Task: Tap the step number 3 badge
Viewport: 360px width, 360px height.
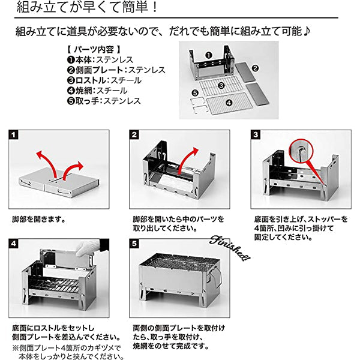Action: pos(256,134)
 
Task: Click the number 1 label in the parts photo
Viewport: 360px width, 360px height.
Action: pos(208,55)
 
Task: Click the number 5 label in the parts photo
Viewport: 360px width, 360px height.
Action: pos(194,92)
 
